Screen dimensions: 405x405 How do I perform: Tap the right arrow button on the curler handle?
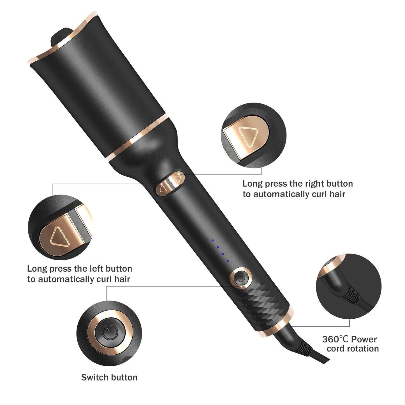pos(177,178)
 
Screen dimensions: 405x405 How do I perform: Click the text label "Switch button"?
pos(109,377)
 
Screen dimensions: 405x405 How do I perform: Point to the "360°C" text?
pos(335,339)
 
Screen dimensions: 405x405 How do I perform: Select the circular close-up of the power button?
pos(109,333)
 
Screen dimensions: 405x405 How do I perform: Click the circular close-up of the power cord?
pos(349,286)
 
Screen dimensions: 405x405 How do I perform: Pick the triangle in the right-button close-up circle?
pos(248,137)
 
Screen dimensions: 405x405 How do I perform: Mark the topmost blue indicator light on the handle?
pos(213,240)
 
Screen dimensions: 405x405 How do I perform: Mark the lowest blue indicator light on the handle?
pos(228,261)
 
